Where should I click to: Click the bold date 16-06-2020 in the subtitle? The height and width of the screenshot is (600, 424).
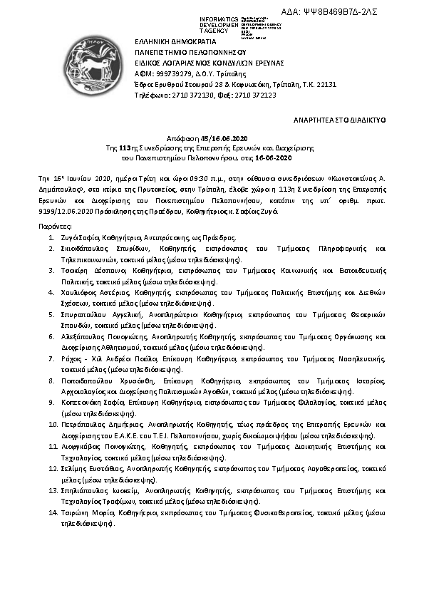coord(274,157)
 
